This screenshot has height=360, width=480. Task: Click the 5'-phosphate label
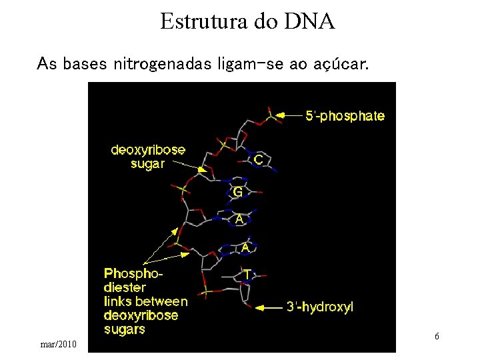click(345, 116)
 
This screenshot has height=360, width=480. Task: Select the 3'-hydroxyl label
click(320, 307)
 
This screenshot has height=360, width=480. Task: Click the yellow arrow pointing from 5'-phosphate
click(289, 115)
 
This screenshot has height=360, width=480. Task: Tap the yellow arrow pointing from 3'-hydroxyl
click(269, 307)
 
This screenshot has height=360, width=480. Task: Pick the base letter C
click(258, 161)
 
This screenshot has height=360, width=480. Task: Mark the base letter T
click(247, 274)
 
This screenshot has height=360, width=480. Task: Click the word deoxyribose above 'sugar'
click(148, 150)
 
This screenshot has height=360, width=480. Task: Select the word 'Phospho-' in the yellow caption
click(133, 274)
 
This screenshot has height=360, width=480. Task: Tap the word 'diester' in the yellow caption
click(125, 288)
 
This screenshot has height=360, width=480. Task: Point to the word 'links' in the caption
click(119, 302)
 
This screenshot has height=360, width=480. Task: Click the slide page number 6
click(437, 337)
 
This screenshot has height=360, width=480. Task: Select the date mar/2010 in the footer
click(59, 344)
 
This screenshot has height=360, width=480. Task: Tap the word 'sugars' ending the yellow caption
click(125, 329)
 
